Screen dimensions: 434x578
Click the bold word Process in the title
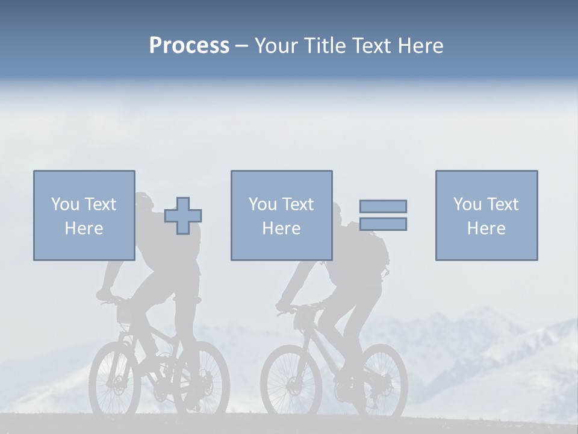(189, 46)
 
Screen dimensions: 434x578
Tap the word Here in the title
(421, 46)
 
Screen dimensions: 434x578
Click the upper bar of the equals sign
(383, 206)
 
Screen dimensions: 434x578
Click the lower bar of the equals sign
(383, 224)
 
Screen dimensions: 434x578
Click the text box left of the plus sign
(84, 215)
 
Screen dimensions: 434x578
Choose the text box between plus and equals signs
(281, 215)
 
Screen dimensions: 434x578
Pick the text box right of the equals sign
(486, 215)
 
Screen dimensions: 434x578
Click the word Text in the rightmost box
(503, 204)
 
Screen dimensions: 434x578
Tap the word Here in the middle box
(281, 228)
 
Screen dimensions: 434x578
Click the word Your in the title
(278, 46)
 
